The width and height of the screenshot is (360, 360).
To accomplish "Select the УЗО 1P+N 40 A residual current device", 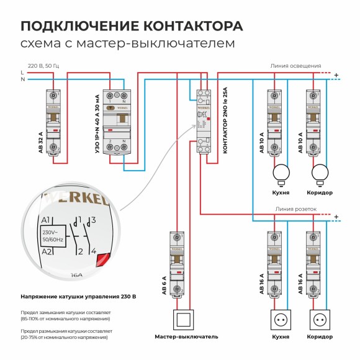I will [117, 121].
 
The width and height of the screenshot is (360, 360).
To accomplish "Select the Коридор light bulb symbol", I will [320, 172].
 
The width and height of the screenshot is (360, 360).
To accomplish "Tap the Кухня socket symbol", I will [281, 320].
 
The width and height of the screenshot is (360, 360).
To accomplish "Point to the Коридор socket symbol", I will [320, 320].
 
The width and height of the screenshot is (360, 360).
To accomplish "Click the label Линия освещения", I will [295, 65].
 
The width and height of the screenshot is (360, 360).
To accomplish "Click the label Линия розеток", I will [296, 210].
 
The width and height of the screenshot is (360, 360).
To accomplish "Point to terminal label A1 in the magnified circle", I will [45, 220].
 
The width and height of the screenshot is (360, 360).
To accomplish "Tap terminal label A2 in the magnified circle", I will [45, 251].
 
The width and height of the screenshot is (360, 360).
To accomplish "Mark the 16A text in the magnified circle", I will [76, 274].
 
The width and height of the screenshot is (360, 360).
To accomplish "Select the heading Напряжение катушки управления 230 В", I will [78, 297].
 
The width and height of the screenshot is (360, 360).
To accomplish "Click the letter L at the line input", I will [22, 73].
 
